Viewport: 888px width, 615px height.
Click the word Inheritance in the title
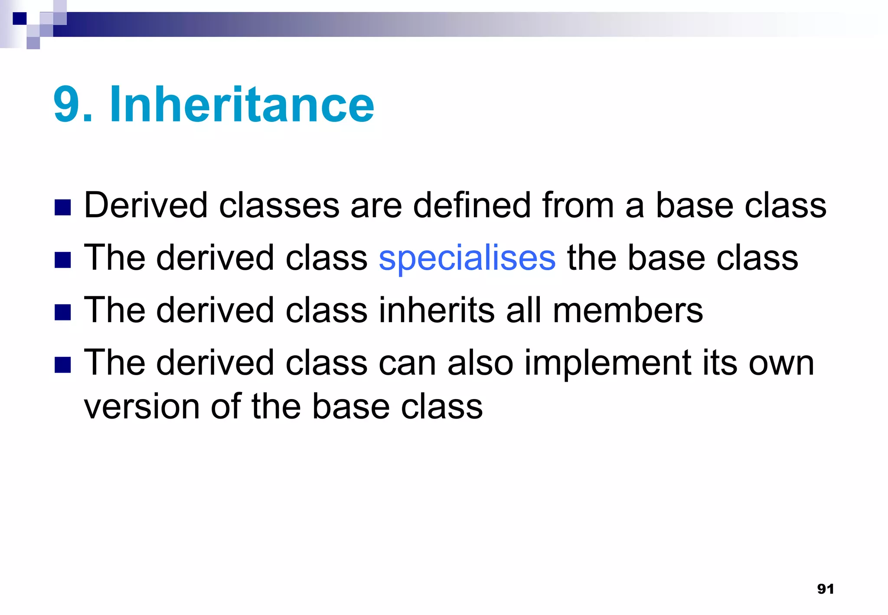[242, 105]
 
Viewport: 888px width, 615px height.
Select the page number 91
[825, 589]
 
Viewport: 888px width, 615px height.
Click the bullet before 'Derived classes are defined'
[63, 208]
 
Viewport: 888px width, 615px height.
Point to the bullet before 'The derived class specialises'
[63, 260]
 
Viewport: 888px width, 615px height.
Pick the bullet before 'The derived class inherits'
[63, 312]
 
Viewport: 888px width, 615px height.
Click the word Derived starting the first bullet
[146, 205]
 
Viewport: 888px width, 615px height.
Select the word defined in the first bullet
[472, 205]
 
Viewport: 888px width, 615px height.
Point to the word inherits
[437, 311]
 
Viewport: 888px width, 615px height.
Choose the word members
[627, 311]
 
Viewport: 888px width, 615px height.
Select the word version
[141, 408]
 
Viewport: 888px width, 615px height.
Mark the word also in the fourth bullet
[480, 363]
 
